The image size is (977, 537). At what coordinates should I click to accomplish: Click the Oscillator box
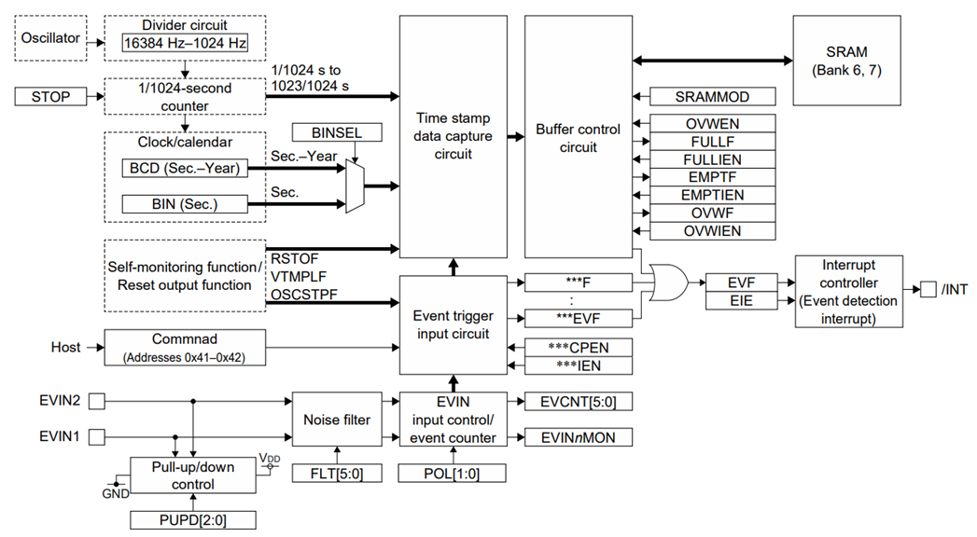tap(51, 39)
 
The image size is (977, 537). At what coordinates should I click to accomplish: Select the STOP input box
tap(51, 96)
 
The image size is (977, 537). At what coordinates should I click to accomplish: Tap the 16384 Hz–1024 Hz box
tap(185, 44)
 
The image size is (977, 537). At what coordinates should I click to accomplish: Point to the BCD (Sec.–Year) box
tap(185, 169)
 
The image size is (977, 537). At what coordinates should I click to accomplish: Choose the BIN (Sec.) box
tap(185, 203)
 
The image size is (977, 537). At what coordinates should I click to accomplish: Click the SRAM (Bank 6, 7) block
tap(847, 62)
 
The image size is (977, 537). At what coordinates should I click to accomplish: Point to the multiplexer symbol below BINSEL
tap(355, 186)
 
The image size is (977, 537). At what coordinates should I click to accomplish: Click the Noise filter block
tap(336, 420)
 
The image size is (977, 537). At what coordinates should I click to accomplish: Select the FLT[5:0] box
tap(336, 473)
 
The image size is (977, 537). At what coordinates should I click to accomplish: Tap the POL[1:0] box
tap(453, 473)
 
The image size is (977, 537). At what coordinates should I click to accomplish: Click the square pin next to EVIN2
tap(96, 402)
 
